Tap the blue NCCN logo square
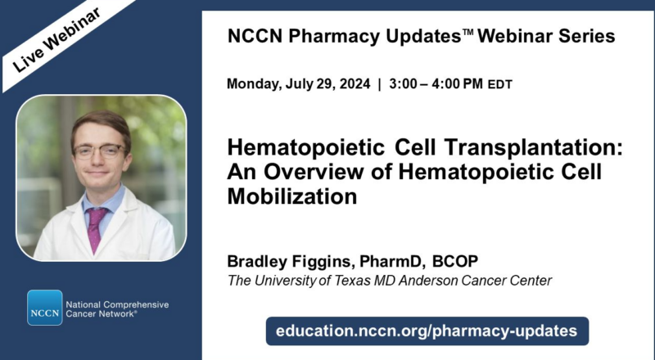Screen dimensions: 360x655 44,308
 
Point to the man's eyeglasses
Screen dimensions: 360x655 98,151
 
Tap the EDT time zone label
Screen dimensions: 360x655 500,85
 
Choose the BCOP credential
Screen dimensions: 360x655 455,262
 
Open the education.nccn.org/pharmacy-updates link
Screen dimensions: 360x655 427,331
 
